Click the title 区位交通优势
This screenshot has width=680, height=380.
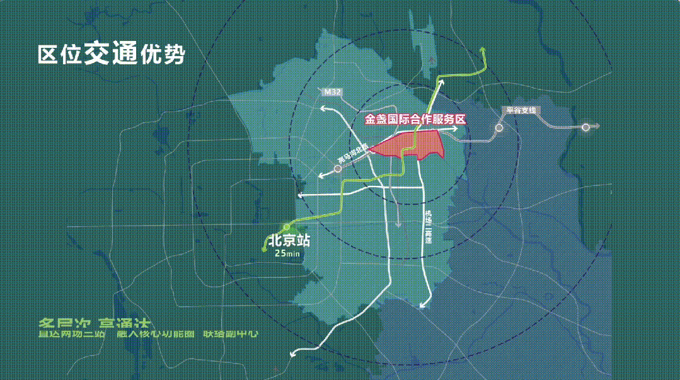[111, 54]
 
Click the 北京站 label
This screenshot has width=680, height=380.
[289, 240]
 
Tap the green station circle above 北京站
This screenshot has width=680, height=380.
[286, 226]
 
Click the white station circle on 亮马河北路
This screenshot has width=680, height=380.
[338, 169]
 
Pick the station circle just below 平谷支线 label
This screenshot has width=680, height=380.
[498, 128]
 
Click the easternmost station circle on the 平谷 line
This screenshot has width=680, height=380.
[585, 127]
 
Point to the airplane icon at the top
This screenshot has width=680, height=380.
[430, 59]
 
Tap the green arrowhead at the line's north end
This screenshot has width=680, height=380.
[484, 49]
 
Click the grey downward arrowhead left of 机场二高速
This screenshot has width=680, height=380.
[398, 225]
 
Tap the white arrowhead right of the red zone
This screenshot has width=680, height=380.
[454, 128]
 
